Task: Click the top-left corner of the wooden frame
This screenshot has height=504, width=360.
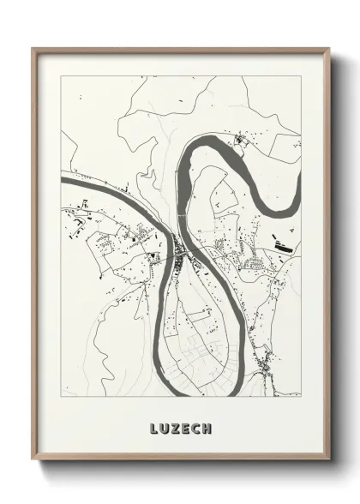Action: (33, 49)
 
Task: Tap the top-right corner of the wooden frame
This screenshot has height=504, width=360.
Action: (329, 49)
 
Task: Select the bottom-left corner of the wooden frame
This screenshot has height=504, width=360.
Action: (33, 460)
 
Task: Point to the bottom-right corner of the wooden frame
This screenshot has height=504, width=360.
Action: (329, 460)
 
